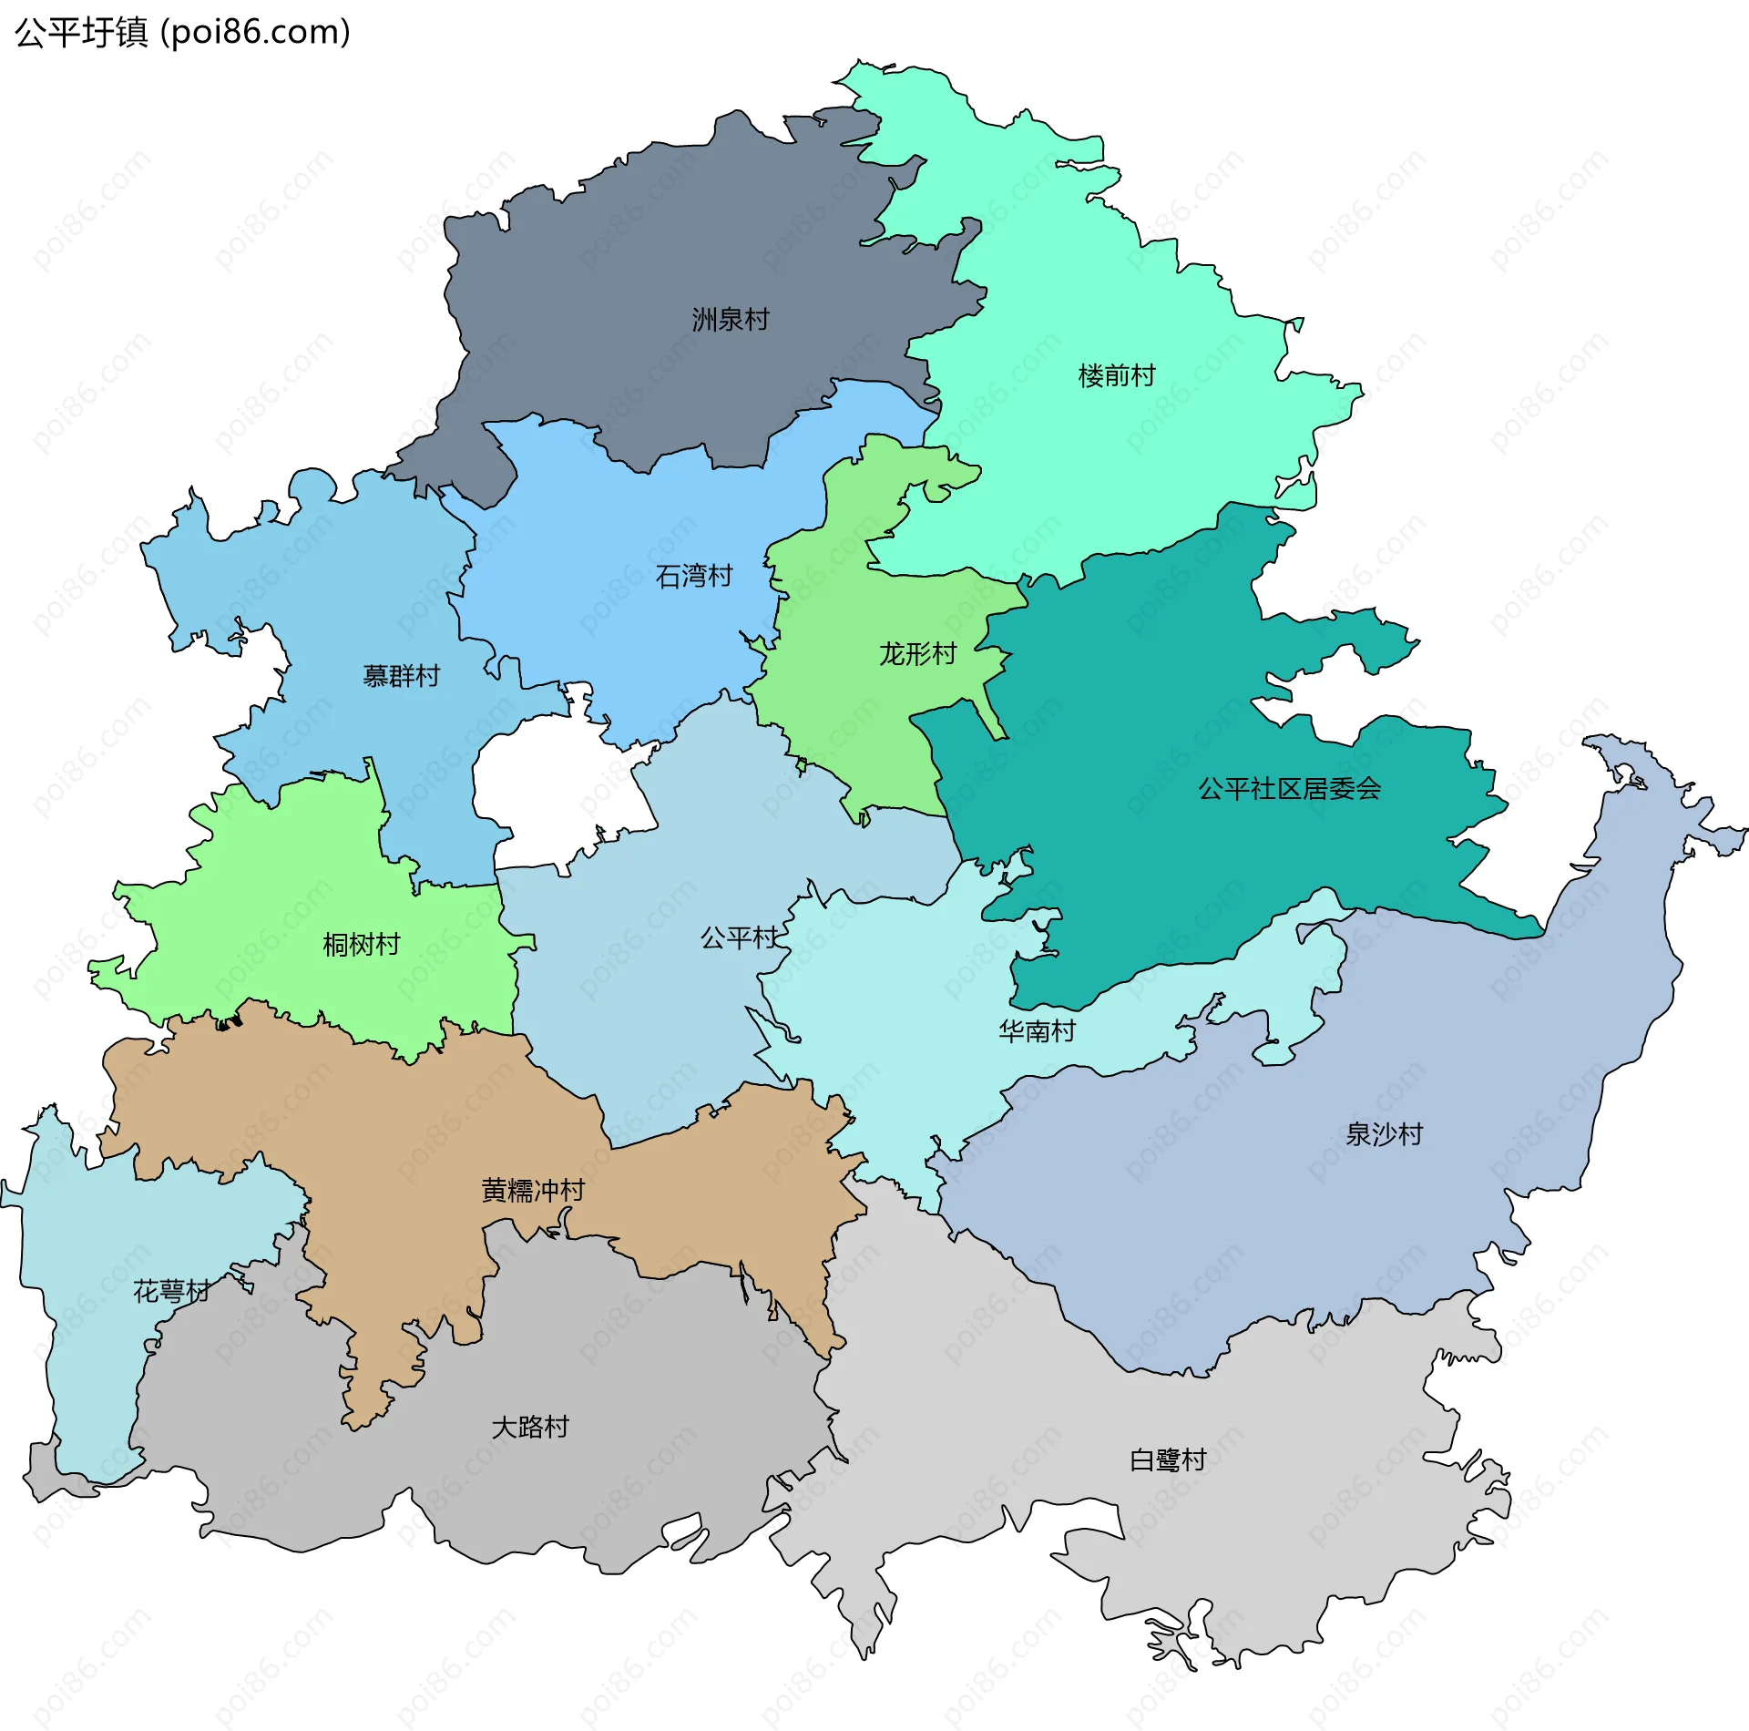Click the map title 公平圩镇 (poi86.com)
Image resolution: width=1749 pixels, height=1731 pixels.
coord(182,32)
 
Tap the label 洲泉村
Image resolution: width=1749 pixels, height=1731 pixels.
coord(730,320)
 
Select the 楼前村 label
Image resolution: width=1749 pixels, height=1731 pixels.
coord(1116,375)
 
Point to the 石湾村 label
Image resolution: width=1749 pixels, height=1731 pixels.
coord(693,576)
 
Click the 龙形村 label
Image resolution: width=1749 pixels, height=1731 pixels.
coord(916,653)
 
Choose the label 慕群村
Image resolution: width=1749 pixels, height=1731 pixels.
coord(401,675)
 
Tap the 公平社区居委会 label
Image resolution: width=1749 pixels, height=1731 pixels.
coord(1288,788)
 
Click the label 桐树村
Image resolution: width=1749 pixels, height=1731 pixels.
coord(361,944)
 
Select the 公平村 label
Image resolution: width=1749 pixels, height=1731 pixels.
coord(738,937)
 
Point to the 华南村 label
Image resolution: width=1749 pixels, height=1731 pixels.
coord(1037,1030)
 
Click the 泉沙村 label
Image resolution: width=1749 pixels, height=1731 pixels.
coord(1383,1134)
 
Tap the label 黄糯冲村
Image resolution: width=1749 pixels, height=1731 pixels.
coord(532,1190)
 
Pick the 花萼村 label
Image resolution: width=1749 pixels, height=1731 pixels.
coord(171,1291)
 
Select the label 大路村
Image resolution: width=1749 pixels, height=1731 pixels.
coord(529,1427)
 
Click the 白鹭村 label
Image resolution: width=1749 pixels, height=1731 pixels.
coord(1167,1460)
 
